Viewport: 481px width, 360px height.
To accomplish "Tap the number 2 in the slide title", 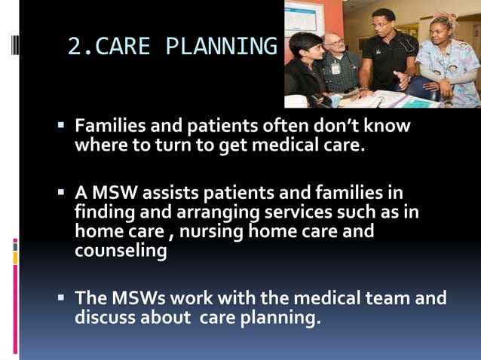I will tap(74, 47).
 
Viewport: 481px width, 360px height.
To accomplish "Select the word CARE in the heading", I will tap(127, 47).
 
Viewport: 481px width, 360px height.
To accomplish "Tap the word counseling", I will tap(121, 251).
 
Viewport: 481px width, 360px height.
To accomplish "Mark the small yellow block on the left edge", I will tap(15, 258).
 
